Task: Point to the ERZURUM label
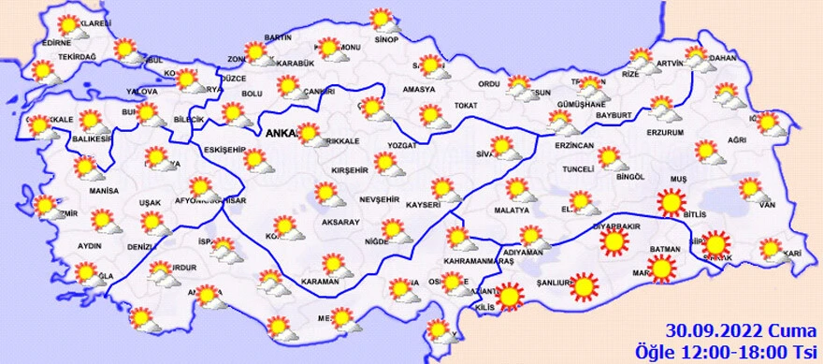(x=666, y=133)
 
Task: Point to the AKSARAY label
(x=339, y=222)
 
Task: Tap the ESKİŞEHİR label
(x=225, y=150)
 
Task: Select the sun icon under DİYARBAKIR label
(x=614, y=243)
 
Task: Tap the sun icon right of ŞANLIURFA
(x=585, y=285)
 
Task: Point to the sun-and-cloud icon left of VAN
(x=750, y=190)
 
